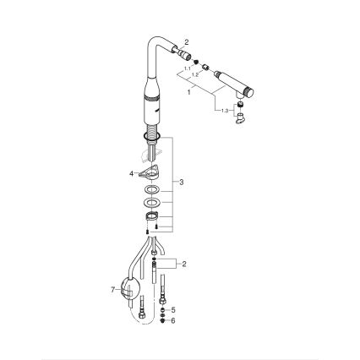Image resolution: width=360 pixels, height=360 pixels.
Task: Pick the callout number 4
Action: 131,172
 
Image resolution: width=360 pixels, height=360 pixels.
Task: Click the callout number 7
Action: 112,289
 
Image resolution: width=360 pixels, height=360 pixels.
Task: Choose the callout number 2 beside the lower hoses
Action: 183,264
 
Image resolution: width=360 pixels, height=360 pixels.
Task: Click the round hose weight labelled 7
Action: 129,290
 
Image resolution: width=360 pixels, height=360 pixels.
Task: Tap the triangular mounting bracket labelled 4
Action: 150,173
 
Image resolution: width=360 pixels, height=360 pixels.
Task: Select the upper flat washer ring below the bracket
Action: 151,190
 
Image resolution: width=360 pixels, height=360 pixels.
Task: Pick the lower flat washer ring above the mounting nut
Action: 151,204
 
